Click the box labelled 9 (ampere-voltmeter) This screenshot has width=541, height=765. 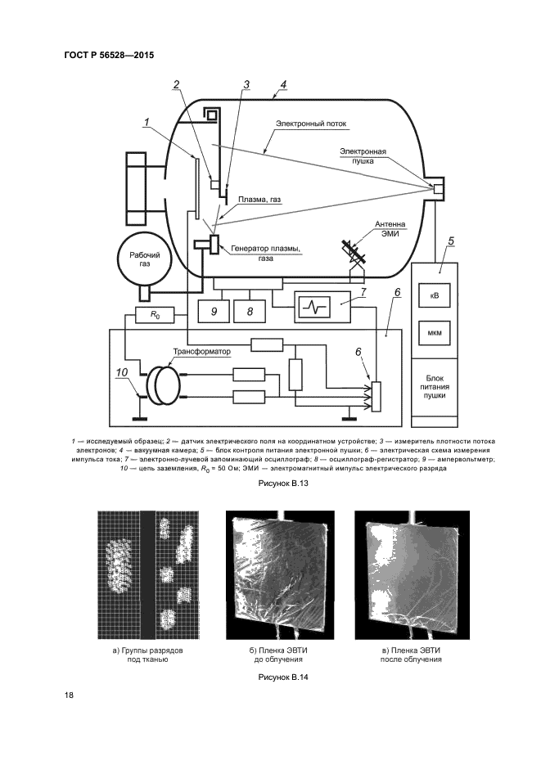[x=214, y=311]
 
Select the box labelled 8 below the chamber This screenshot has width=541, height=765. [x=250, y=311]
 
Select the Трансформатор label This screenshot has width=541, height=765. [x=201, y=351]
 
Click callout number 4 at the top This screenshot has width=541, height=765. [x=282, y=83]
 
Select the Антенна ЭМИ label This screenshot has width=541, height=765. [x=390, y=227]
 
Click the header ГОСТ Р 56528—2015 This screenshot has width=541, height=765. [x=109, y=55]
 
